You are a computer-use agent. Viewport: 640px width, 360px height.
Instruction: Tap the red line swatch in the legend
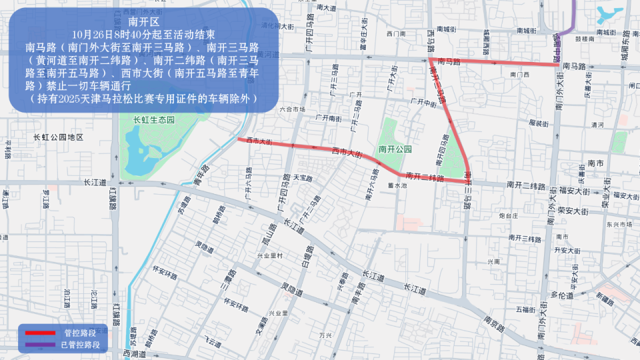coord(40,332)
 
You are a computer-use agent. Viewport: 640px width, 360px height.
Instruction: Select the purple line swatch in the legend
coord(40,345)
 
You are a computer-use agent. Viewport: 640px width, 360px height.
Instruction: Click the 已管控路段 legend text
coord(81,345)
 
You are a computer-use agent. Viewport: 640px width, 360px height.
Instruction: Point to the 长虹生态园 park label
coord(153,120)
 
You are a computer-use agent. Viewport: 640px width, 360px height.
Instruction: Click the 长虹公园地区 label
coord(58,137)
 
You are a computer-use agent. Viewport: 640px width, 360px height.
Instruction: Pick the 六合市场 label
coord(292,109)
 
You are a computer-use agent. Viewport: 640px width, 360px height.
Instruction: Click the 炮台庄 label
coord(509,216)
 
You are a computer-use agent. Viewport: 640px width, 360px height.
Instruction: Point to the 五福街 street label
coord(525,309)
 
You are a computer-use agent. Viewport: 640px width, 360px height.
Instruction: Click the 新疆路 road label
coord(607,296)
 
